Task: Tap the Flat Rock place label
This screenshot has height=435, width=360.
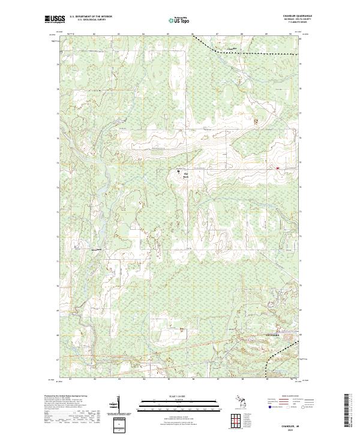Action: pyautogui.click(x=185, y=175)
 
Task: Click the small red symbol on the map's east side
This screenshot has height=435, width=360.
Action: pyautogui.click(x=277, y=168)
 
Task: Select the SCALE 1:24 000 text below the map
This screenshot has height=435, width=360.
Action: pyautogui.click(x=180, y=397)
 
